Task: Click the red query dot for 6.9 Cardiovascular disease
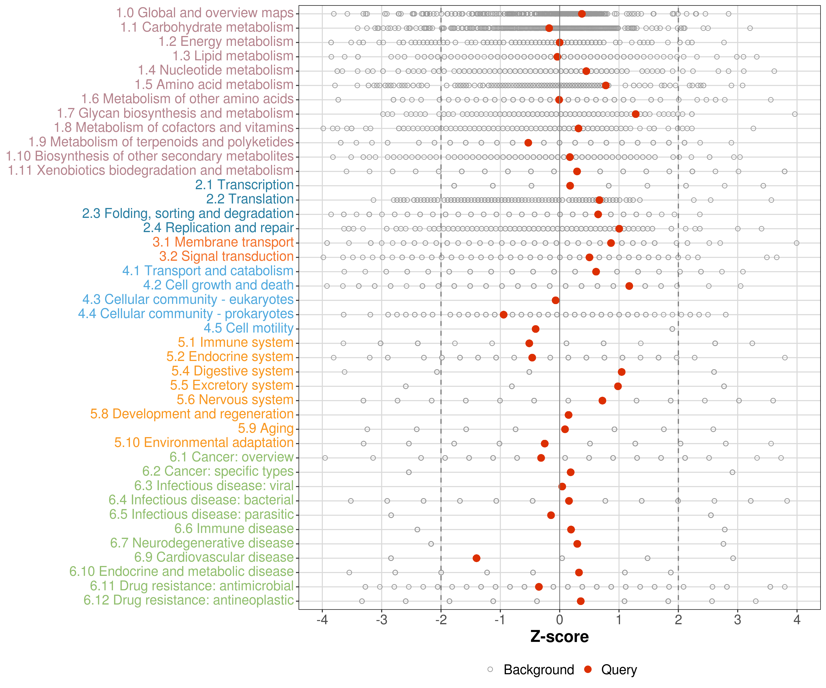pos(476,558)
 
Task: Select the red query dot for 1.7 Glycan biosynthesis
pos(636,114)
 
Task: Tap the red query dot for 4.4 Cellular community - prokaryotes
pos(503,314)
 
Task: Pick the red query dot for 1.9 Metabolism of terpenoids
pos(528,143)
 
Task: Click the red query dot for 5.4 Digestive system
pos(622,372)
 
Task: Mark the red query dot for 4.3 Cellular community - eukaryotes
pos(555,300)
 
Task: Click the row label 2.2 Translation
pos(250,199)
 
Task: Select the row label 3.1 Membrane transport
pos(223,242)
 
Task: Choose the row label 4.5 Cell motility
pos(248,328)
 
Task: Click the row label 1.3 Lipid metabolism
pos(233,56)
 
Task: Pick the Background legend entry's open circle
pos(490,669)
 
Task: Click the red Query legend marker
pos(588,669)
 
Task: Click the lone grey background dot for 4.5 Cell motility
pos(672,329)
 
